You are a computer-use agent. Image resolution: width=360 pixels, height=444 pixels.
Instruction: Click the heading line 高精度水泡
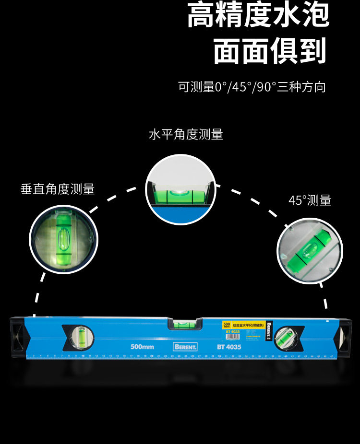pos(258,16)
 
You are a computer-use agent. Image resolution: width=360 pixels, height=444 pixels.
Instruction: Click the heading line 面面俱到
pos(269,50)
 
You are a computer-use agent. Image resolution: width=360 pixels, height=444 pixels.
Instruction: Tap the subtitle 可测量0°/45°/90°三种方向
pos(252,87)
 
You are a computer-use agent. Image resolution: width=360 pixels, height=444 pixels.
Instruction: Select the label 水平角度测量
pos(186,134)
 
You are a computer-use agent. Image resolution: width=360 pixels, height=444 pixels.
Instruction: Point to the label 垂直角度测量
pos(58,189)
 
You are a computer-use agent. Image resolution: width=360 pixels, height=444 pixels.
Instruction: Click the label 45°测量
pos(310,200)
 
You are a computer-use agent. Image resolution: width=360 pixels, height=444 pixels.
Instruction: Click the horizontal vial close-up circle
pos(180,189)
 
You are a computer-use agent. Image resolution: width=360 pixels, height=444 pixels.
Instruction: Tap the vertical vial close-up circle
pos(64,239)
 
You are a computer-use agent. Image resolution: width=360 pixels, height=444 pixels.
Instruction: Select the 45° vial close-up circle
pos(310,251)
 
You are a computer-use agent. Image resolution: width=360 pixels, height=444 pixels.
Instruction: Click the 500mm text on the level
pos(142,347)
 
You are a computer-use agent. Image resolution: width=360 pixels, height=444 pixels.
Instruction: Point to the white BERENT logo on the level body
pos(185,347)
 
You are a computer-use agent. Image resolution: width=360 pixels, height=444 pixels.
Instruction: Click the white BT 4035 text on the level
pos(228,347)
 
